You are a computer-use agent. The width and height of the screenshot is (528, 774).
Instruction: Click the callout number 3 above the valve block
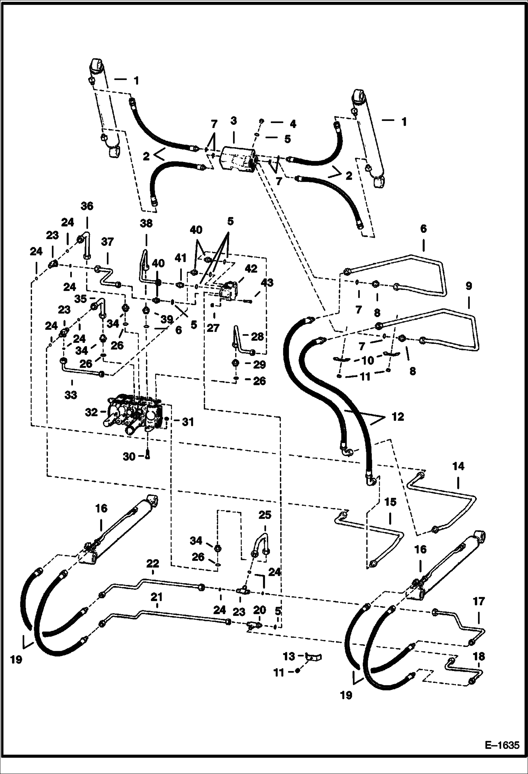(233, 121)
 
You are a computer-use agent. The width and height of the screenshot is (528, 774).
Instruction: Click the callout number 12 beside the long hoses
(397, 417)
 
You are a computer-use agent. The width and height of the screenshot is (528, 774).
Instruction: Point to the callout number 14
(458, 466)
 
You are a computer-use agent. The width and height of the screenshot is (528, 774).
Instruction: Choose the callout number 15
(390, 502)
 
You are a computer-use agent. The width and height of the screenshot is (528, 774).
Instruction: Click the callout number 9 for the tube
(468, 285)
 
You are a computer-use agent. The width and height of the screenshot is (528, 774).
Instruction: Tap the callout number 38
(146, 223)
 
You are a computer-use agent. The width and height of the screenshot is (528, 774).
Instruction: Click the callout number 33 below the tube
(71, 395)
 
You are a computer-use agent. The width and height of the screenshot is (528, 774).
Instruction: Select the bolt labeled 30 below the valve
(148, 456)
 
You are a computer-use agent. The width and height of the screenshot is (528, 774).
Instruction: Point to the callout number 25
(265, 515)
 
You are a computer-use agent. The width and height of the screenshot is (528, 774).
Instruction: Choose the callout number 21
(156, 597)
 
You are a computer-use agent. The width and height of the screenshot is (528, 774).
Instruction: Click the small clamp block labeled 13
(314, 657)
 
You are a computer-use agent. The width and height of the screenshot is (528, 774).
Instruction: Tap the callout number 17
(479, 601)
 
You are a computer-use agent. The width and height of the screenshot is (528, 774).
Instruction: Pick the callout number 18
(479, 657)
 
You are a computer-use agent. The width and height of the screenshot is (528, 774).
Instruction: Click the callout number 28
(258, 337)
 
